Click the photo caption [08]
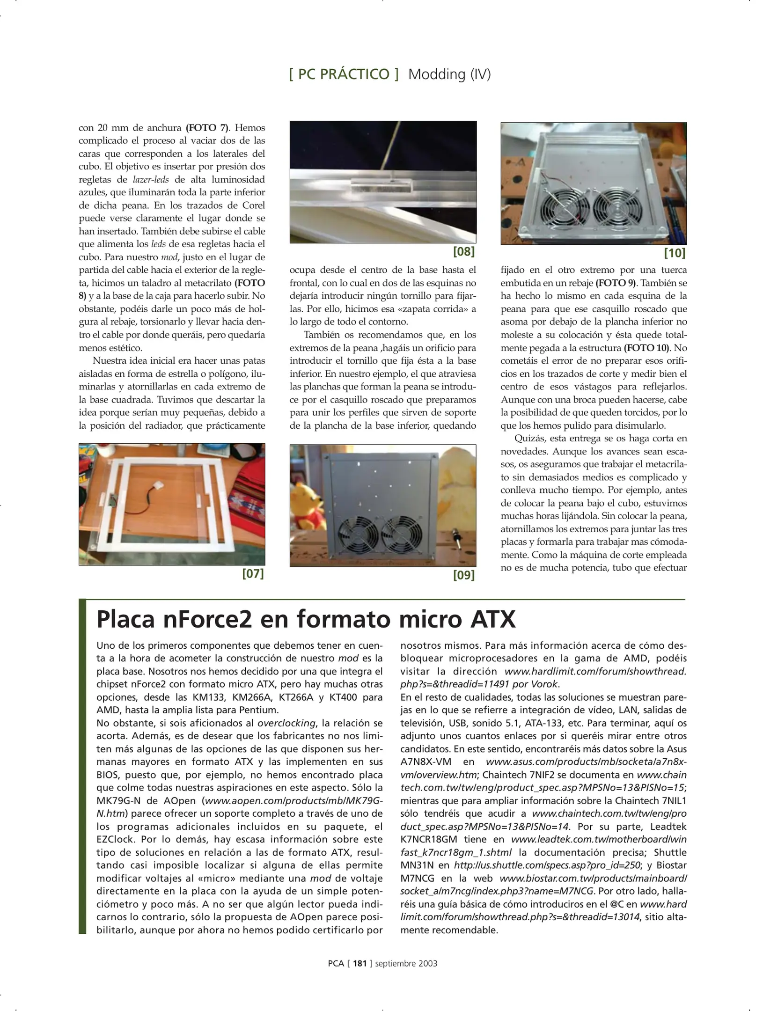click(463, 252)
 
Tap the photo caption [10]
click(675, 253)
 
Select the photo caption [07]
click(253, 574)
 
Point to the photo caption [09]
click(463, 575)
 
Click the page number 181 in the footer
click(359, 963)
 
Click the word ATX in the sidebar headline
click(493, 619)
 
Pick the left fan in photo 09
click(358, 533)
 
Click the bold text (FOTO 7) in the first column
click(206, 128)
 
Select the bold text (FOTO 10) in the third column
click(646, 348)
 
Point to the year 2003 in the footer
click(428, 963)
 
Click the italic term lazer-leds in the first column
click(151, 180)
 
